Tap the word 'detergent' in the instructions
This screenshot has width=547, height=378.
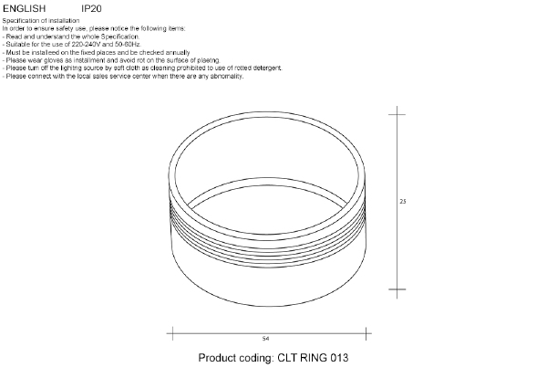[x=266, y=68]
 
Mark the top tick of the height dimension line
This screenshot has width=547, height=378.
[x=396, y=114]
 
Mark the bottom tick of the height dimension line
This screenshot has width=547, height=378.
[x=396, y=291]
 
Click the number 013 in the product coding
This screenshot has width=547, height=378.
[x=336, y=359]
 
